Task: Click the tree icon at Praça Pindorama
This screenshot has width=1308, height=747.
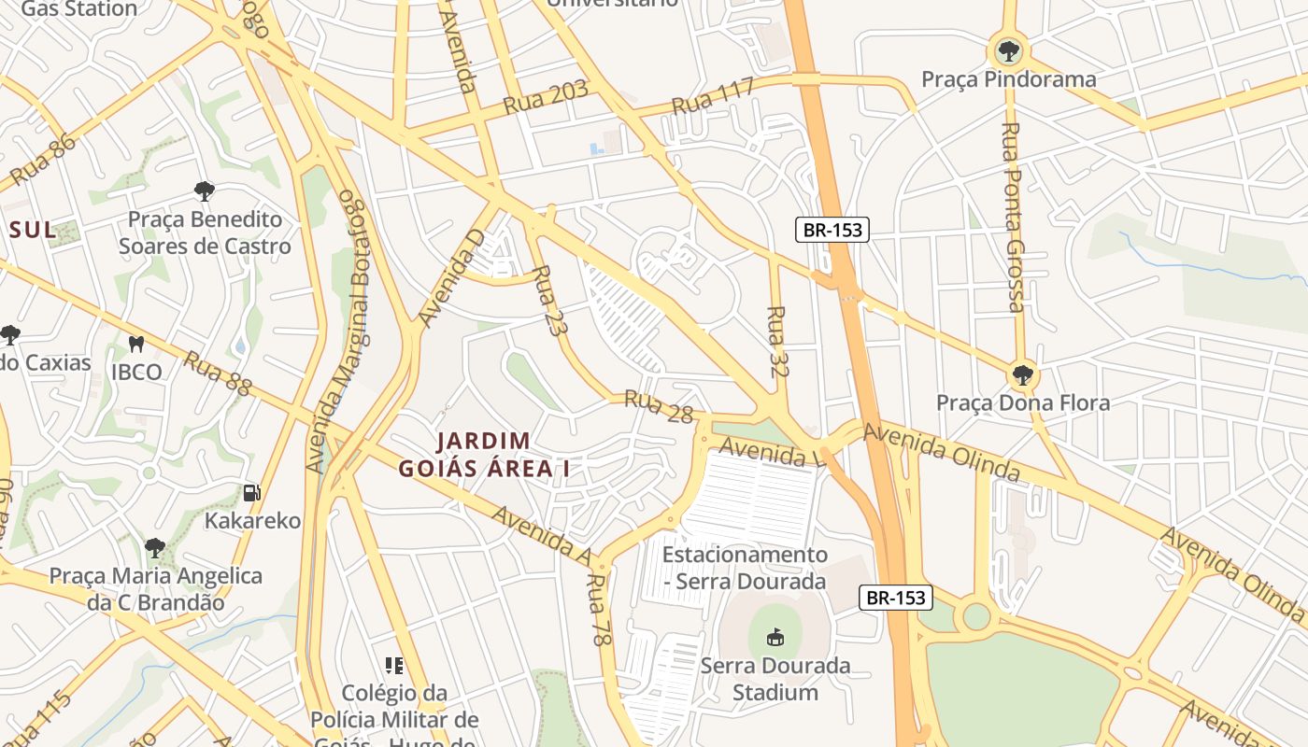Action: (x=1008, y=49)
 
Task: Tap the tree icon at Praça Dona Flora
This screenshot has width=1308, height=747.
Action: (x=1023, y=375)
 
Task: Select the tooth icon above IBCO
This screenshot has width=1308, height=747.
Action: (x=136, y=344)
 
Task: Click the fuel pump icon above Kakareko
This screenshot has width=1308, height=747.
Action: (x=251, y=492)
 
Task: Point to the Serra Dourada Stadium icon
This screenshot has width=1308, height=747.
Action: (x=775, y=638)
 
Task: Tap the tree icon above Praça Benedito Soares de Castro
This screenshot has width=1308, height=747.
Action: (x=204, y=191)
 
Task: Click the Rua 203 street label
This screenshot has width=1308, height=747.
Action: (x=546, y=97)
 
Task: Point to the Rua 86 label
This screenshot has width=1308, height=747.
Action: (x=42, y=160)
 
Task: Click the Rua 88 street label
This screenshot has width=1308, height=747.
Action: (x=217, y=373)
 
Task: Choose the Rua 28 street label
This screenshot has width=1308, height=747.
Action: (x=659, y=407)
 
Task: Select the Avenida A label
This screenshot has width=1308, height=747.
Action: (x=541, y=536)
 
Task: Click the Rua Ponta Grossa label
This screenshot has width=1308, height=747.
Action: (x=1013, y=217)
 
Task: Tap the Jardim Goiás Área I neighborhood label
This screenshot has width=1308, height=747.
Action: (x=484, y=455)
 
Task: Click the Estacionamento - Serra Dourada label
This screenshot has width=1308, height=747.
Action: (x=745, y=568)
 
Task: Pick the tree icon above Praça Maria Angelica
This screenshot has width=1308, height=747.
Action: (x=155, y=546)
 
